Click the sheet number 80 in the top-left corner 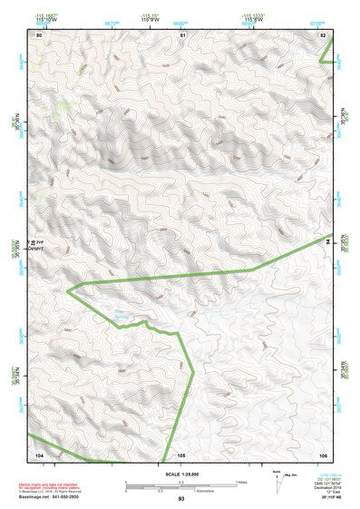39,34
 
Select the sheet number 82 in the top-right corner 324,34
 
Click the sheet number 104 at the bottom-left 39,453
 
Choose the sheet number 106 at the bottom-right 324,453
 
